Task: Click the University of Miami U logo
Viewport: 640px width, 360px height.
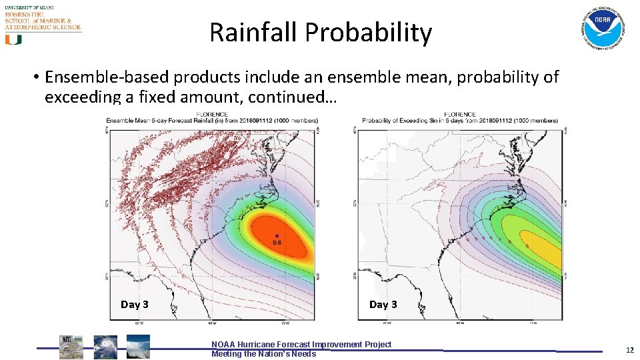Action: click(x=13, y=39)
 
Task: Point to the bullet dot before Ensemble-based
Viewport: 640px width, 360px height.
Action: click(x=35, y=78)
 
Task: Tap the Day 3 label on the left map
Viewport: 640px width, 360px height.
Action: click(x=134, y=304)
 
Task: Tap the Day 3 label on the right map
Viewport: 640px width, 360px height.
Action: click(x=383, y=304)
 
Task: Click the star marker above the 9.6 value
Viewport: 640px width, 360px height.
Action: click(x=277, y=235)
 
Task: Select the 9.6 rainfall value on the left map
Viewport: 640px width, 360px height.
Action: click(x=277, y=243)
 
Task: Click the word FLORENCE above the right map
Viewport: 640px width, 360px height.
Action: click(x=460, y=115)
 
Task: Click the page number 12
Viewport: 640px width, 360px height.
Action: click(x=629, y=349)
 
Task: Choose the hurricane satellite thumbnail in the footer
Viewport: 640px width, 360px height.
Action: click(x=105, y=347)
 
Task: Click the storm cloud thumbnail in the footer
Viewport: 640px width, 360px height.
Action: click(x=138, y=347)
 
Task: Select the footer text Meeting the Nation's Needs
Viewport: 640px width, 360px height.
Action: click(x=263, y=354)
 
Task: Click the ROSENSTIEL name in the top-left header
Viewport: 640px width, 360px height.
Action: click(x=25, y=13)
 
